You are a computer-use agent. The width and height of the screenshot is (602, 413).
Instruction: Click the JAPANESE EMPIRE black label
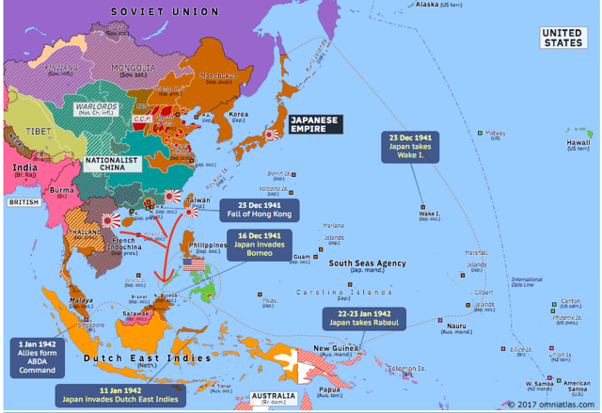pos(314,125)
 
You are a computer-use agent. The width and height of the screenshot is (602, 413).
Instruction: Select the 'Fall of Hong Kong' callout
pos(258,210)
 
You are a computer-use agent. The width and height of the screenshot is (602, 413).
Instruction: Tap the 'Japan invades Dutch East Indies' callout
pos(118,393)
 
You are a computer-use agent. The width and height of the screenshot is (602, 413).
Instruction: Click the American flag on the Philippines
pos(194,267)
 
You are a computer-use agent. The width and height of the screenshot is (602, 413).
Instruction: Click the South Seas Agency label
pos(367,263)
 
